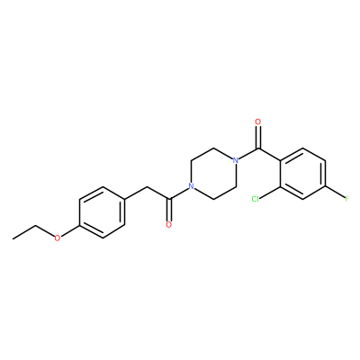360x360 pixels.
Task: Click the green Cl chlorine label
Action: (x=256, y=199)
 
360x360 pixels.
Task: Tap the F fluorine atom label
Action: (x=346, y=199)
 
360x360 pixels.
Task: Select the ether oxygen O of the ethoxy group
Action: (x=58, y=238)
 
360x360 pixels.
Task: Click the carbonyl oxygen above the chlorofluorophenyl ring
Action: (x=257, y=122)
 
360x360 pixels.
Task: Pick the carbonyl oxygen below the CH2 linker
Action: (x=169, y=225)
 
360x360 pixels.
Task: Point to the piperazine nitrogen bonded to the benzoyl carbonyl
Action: (x=236, y=160)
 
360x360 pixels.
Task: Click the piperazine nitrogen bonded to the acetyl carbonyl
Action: (x=191, y=186)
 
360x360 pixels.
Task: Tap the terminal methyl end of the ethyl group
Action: (x=13, y=238)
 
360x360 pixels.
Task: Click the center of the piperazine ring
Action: (x=213, y=174)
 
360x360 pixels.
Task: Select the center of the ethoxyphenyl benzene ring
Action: (x=102, y=212)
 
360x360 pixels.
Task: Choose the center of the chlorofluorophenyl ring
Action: (x=302, y=174)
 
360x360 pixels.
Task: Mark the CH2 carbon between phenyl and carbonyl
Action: (x=147, y=186)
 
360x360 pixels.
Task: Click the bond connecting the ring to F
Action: (x=335, y=193)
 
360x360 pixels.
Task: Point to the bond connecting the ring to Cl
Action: (x=270, y=193)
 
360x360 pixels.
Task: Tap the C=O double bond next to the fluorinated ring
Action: (x=257, y=138)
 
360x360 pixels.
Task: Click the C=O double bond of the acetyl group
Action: (x=169, y=210)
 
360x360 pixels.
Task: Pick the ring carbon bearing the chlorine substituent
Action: (x=280, y=186)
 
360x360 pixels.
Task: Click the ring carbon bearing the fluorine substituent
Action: (x=325, y=186)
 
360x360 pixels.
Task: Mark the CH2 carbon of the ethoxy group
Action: (x=35, y=226)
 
